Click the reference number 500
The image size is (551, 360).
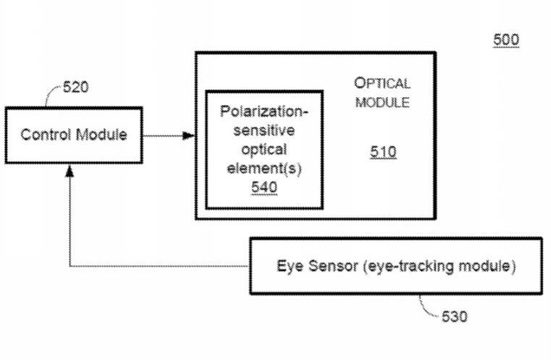coord(506,40)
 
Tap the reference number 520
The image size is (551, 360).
coord(76,88)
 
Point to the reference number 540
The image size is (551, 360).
coord(264,188)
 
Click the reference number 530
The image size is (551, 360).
coord(454,317)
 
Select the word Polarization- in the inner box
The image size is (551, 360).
coord(264,114)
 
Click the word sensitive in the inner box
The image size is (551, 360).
coord(264,132)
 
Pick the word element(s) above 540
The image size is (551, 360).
coord(264,169)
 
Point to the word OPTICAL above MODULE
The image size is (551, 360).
coord(382,83)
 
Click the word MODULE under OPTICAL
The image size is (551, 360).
coord(382,102)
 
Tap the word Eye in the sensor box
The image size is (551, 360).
coord(288,266)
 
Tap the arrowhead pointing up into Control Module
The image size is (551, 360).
coord(70,170)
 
